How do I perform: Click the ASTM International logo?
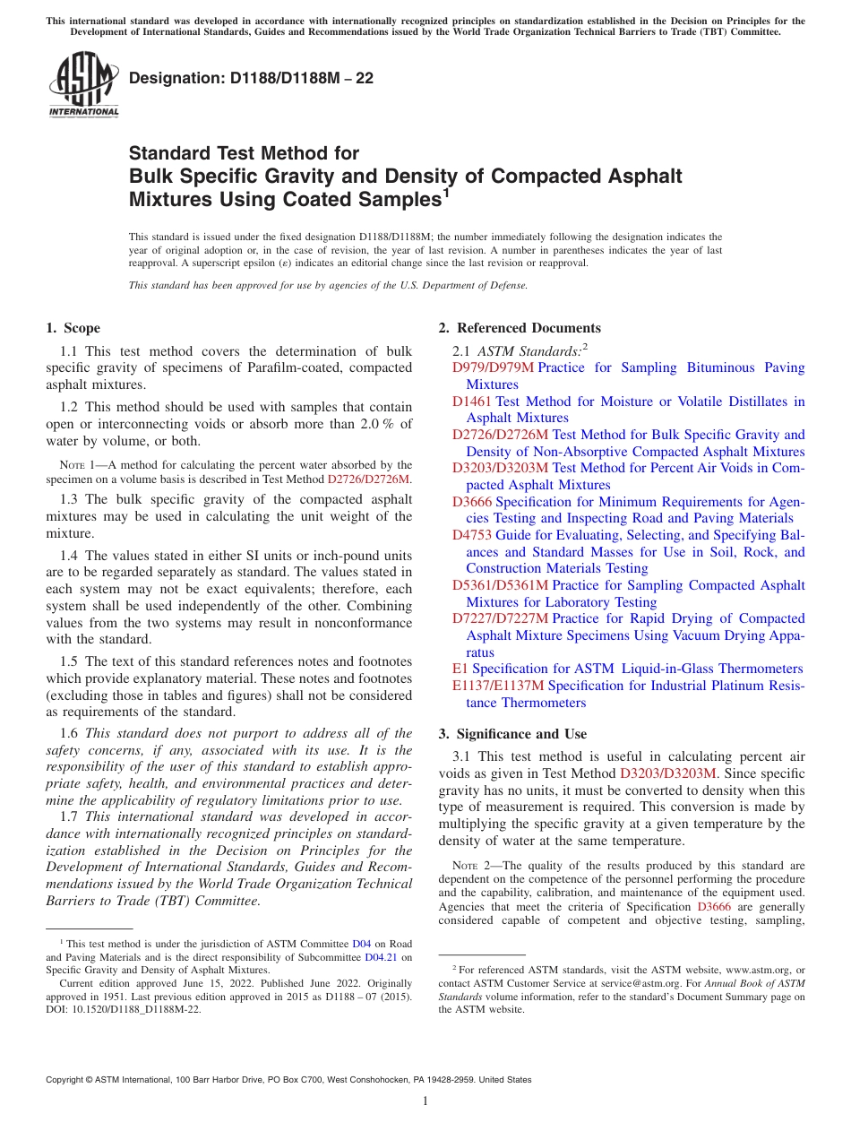[x=82, y=85]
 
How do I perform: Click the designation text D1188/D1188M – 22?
[x=251, y=79]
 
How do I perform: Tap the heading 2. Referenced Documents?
[x=520, y=328]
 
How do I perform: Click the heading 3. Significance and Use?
[x=512, y=734]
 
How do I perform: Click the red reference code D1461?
[x=471, y=402]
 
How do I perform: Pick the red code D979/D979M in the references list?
[x=493, y=367]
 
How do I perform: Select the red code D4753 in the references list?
[x=471, y=535]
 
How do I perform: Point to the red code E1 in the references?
[x=460, y=669]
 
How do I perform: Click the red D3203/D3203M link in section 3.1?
[x=668, y=773]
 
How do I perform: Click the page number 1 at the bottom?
[x=425, y=1101]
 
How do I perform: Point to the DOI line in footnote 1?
[x=124, y=1008]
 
